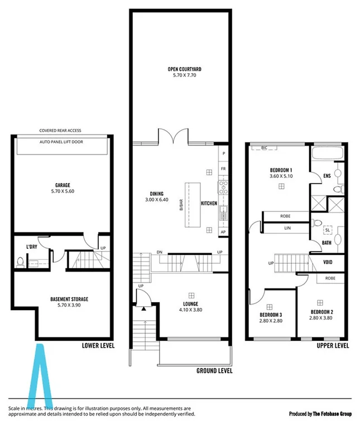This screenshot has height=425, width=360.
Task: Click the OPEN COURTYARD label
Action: click(x=184, y=69)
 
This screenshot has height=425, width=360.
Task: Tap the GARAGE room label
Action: click(x=62, y=185)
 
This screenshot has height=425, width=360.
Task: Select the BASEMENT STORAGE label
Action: click(x=62, y=299)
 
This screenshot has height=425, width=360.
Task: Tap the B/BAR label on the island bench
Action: click(x=181, y=204)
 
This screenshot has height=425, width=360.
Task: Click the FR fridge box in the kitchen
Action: click(x=223, y=168)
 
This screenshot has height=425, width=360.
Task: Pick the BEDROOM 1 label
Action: click(x=281, y=170)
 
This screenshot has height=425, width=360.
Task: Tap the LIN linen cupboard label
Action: click(x=287, y=228)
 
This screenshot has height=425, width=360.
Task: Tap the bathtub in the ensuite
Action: click(x=326, y=154)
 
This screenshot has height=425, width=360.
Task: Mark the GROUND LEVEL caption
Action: click(x=214, y=370)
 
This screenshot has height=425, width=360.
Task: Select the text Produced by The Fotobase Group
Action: click(x=320, y=414)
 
